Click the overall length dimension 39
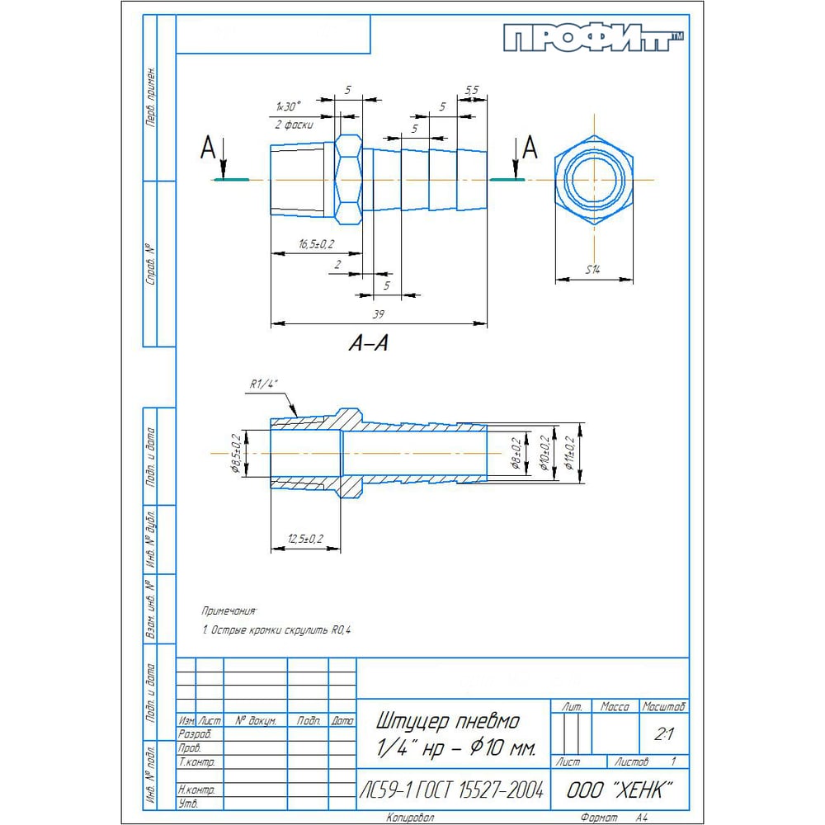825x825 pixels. [x=379, y=314]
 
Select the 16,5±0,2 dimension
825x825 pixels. [x=316, y=243]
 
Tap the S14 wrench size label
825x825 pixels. [x=593, y=270]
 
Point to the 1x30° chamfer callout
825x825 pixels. [x=289, y=106]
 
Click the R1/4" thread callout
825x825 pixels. [x=265, y=384]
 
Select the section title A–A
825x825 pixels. [x=368, y=344]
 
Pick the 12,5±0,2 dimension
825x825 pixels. [x=305, y=539]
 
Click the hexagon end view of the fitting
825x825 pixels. [x=594, y=180]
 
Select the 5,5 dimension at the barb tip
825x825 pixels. [x=473, y=89]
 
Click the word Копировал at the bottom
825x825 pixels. [x=411, y=818]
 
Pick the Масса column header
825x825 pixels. [x=615, y=707]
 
